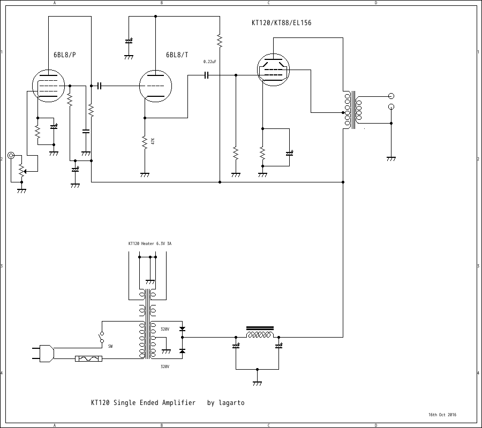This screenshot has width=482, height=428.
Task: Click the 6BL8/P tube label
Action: (65, 55)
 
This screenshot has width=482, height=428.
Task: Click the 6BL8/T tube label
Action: (177, 55)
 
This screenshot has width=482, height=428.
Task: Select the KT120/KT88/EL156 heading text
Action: (282, 23)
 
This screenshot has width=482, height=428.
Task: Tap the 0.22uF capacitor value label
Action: (210, 62)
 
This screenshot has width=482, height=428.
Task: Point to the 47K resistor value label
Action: (153, 141)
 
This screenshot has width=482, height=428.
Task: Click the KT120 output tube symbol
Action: (273, 70)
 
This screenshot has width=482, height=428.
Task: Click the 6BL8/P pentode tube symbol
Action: (48, 86)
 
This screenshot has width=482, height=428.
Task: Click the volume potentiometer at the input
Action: (21, 169)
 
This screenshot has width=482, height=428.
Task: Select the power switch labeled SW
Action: (102, 337)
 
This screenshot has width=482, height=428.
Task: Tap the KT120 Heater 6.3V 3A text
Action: (149, 243)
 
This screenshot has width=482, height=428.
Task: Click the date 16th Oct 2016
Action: (442, 415)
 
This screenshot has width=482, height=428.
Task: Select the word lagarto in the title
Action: (231, 403)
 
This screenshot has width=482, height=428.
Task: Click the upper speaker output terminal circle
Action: (391, 96)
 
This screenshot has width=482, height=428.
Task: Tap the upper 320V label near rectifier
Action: (165, 329)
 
